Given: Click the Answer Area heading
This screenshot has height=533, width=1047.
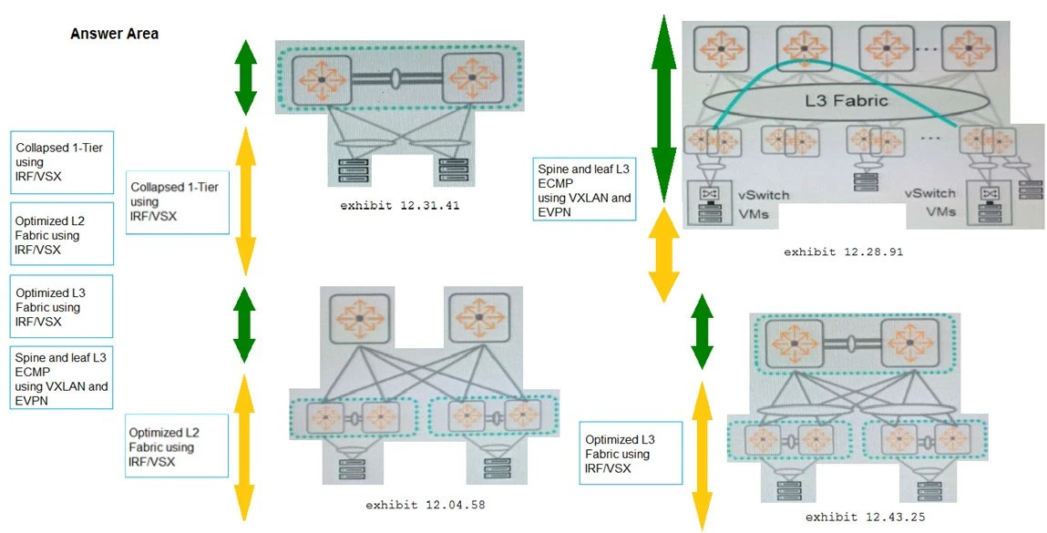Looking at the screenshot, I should tap(114, 34).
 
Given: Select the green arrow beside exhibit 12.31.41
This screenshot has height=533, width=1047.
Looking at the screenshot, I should tap(244, 77).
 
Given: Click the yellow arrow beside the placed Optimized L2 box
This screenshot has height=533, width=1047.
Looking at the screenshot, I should tap(243, 446).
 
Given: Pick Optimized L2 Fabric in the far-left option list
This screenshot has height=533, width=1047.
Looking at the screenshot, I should tap(61, 235).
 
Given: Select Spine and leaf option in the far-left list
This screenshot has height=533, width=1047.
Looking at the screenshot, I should tap(61, 377).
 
